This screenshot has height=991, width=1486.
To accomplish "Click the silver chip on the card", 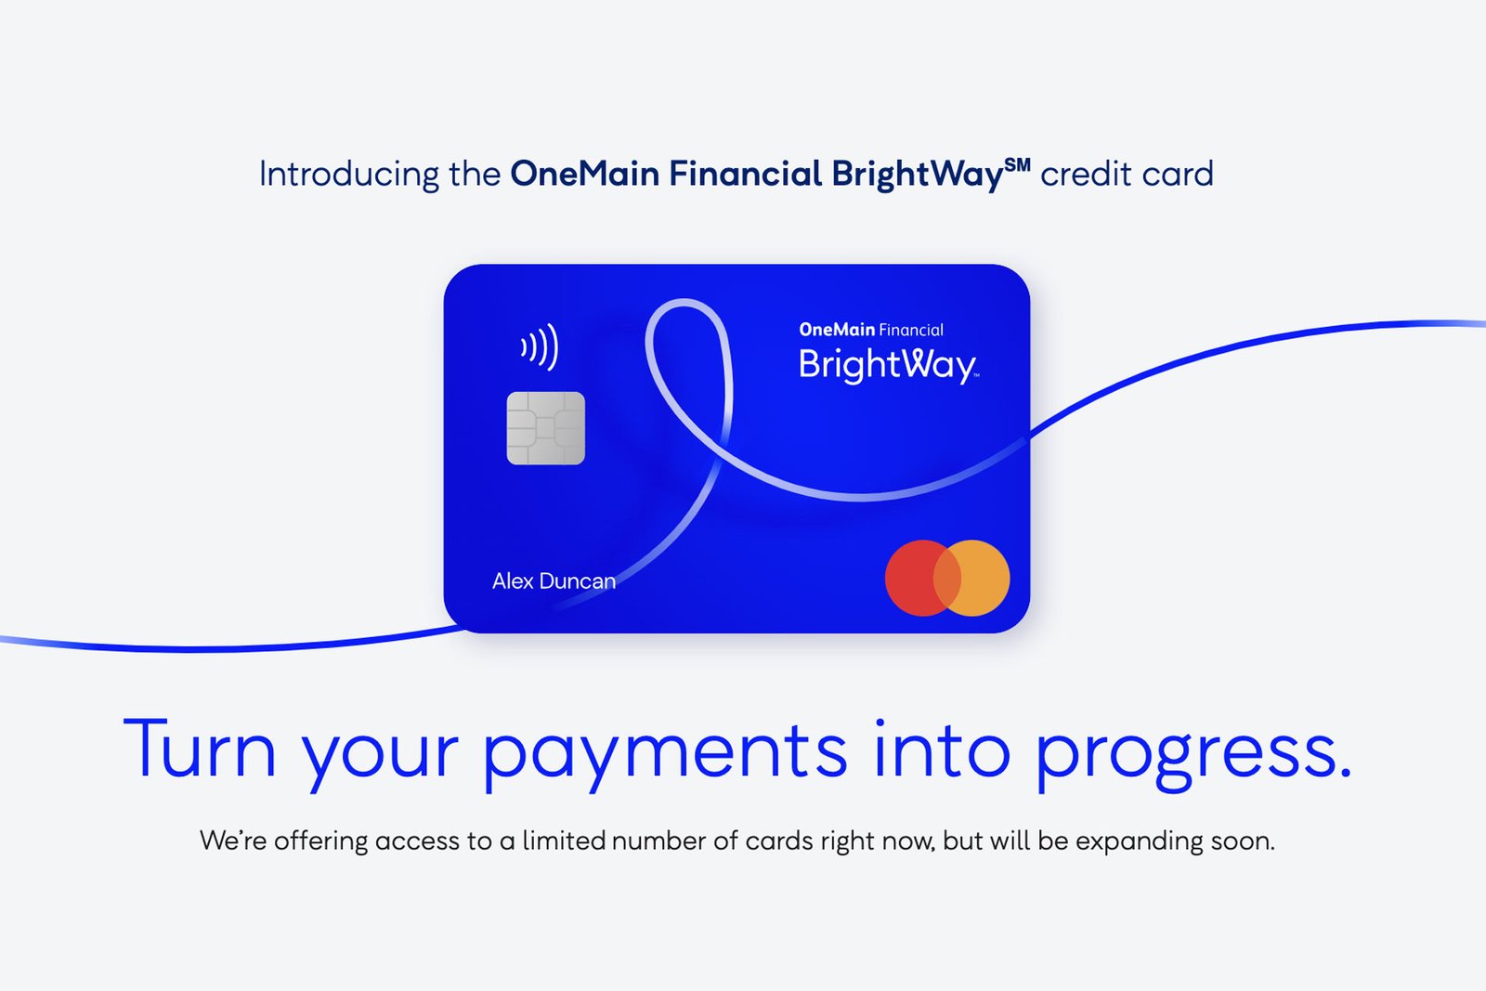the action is [x=545, y=428].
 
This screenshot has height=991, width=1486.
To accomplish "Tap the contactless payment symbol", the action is [x=540, y=347].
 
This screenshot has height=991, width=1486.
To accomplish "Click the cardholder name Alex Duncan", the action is [x=554, y=581].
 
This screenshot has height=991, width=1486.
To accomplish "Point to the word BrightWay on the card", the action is [x=888, y=365].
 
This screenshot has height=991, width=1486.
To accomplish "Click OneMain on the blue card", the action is [x=837, y=329].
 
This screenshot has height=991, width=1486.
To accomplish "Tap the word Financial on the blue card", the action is [x=911, y=330].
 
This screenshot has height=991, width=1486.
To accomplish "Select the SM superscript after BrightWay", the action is [x=1017, y=163].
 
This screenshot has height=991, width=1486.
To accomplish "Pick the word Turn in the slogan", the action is [x=200, y=748].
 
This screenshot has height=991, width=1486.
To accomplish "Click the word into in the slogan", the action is [x=942, y=748].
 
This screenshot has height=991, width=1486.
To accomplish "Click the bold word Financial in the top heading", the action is [x=745, y=174].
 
